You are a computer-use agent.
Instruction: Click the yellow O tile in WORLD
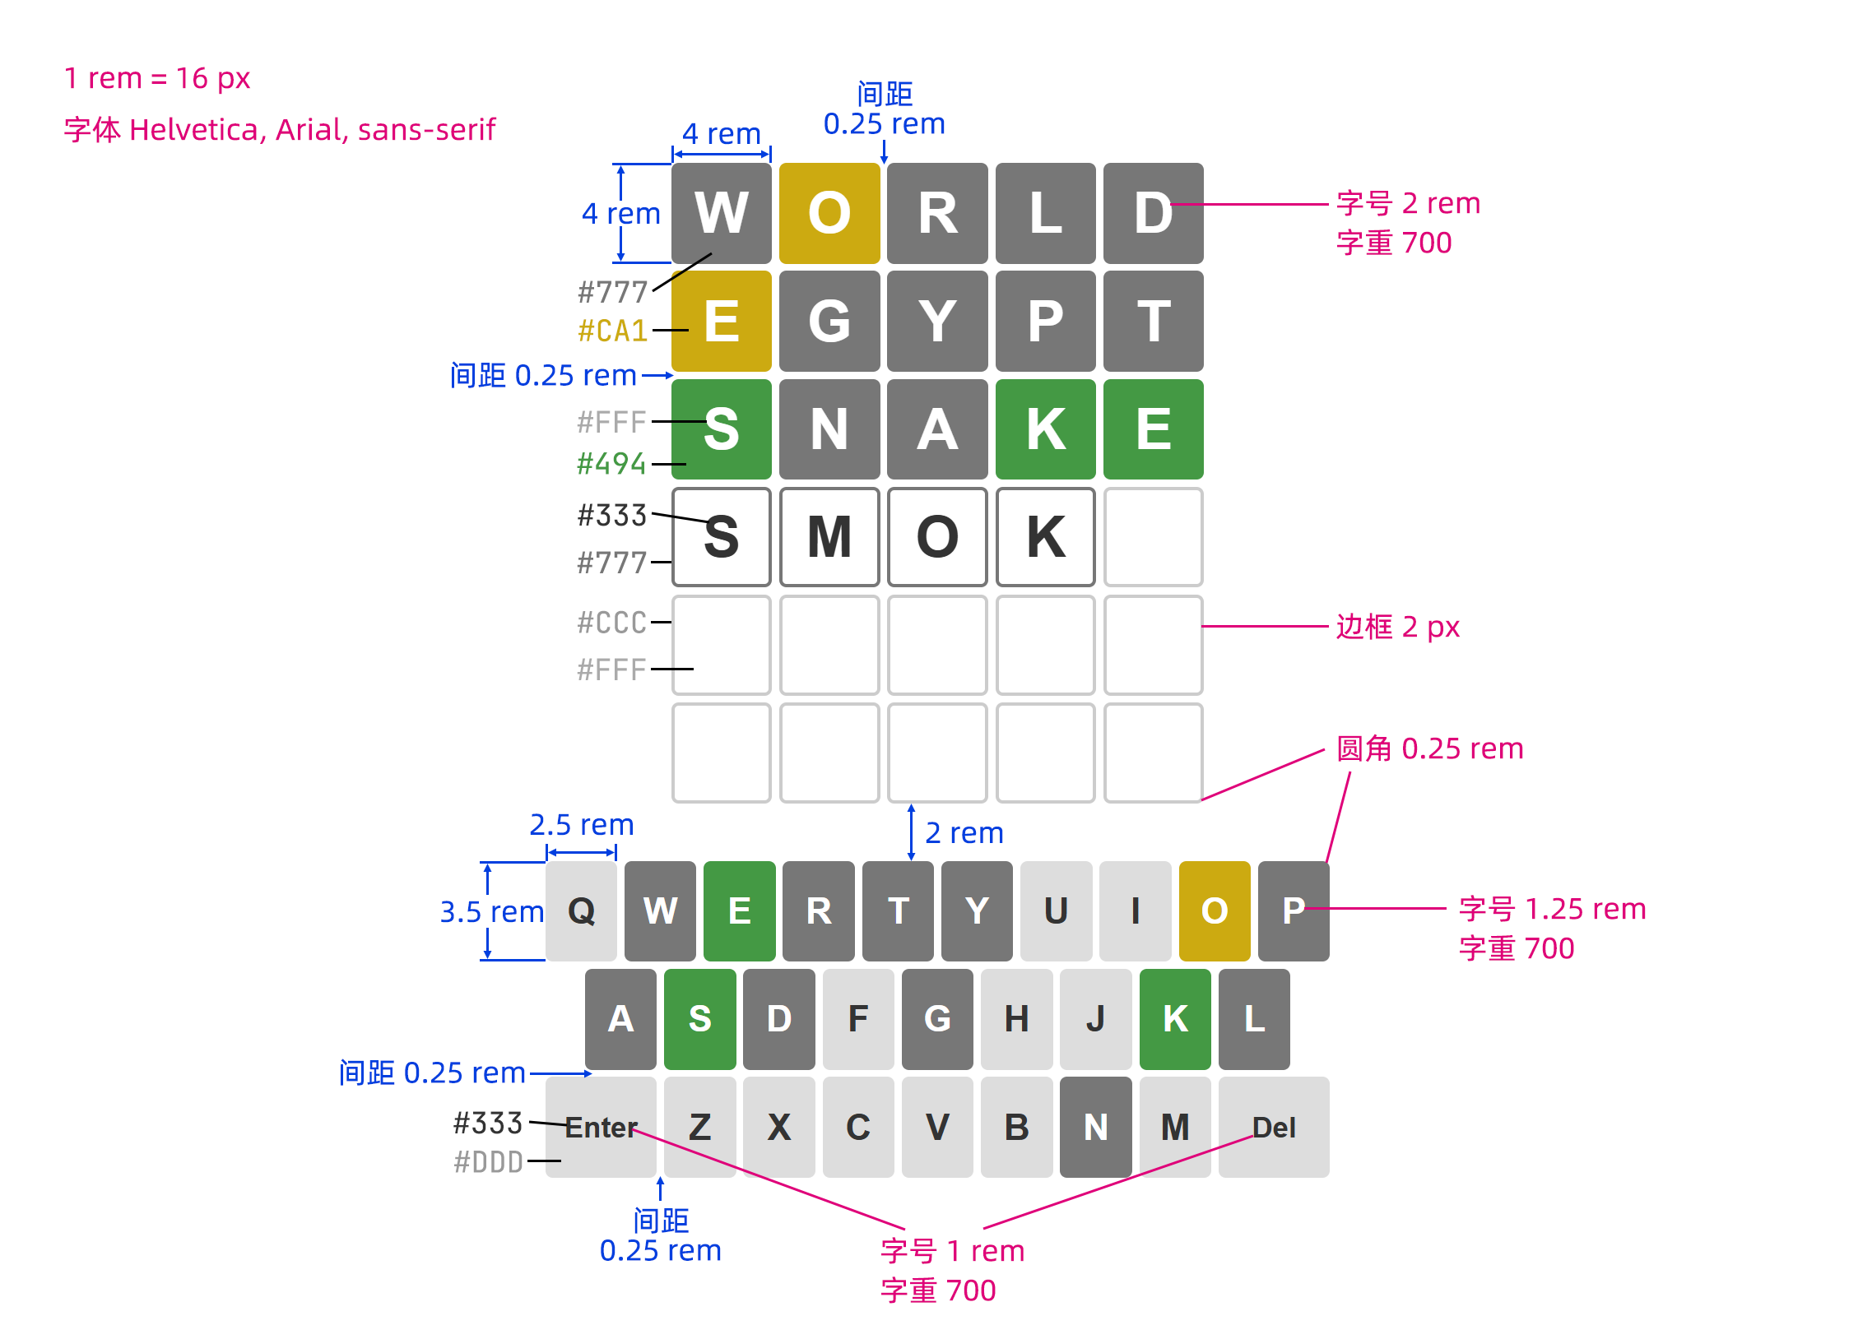coord(829,213)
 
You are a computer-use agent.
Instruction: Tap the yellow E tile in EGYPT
coord(721,321)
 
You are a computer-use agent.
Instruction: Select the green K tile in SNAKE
coord(1045,429)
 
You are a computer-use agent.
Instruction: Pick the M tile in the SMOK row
coord(829,537)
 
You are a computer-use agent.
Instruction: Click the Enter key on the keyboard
coord(601,1126)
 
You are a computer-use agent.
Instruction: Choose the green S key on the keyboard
coord(699,1018)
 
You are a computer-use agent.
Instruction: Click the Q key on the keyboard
coord(581,910)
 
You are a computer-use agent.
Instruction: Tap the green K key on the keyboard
coord(1174,1018)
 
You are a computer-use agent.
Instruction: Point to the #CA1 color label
coord(612,331)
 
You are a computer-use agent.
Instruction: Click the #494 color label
coord(611,463)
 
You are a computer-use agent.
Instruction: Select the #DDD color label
coord(488,1161)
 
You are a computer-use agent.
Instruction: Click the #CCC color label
coord(611,623)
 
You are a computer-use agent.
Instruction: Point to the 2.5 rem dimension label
coord(581,824)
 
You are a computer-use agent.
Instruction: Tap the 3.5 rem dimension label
coord(491,911)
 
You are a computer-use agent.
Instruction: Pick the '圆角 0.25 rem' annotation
coord(1428,748)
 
